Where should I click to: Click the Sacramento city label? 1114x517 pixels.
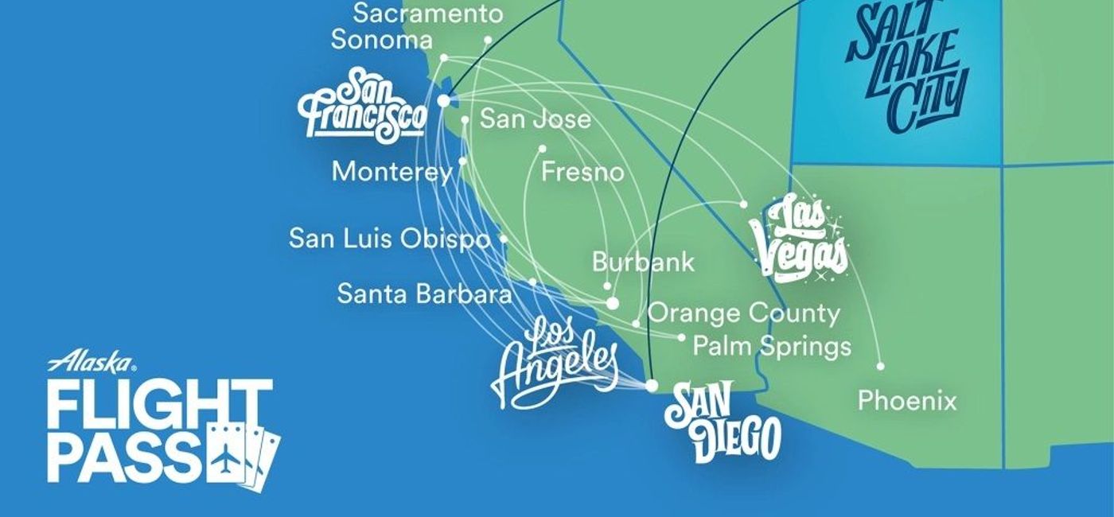point(428,14)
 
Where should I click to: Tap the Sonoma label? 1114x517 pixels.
point(382,40)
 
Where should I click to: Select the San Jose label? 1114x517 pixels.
point(536,119)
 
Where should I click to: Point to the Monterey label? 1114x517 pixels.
point(391,171)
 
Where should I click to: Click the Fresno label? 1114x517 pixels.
point(582,172)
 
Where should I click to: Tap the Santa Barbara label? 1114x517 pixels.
point(424,293)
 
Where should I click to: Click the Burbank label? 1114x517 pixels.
point(643,262)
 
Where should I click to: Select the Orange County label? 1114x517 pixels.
point(744,313)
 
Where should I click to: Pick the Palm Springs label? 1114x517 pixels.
point(772,346)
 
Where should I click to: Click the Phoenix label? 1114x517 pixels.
point(907,400)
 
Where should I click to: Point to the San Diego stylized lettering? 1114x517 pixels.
point(722,422)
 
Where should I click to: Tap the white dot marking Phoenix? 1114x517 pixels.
point(880,366)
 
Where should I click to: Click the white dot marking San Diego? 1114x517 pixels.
point(652,386)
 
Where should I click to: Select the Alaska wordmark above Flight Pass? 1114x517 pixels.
point(91,363)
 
